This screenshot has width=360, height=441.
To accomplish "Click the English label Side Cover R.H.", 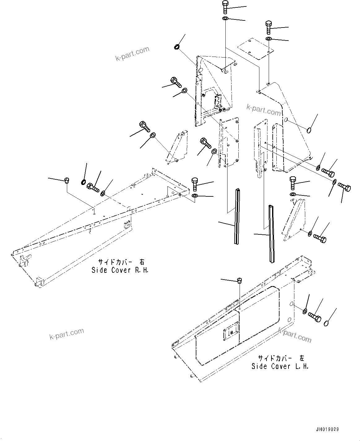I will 120,270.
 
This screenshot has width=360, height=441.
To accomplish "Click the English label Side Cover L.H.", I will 280,366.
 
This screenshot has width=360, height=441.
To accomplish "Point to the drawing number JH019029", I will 327,430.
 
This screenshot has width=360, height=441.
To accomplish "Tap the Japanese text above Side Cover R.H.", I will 121,262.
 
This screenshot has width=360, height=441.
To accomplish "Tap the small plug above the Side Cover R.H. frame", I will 67,180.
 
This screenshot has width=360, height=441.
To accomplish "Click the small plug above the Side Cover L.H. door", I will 239,280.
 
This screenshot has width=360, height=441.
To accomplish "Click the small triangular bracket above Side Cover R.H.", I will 177,147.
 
